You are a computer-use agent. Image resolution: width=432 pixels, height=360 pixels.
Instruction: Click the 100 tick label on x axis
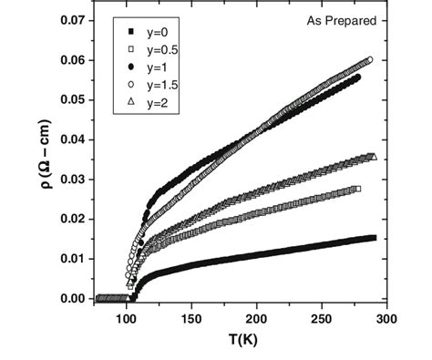[127, 320]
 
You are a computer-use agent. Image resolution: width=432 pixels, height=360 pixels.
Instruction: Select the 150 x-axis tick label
[191, 320]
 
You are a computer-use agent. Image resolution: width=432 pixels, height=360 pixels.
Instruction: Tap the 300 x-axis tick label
[386, 320]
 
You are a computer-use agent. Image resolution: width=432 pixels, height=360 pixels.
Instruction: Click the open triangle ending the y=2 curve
[373, 157]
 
